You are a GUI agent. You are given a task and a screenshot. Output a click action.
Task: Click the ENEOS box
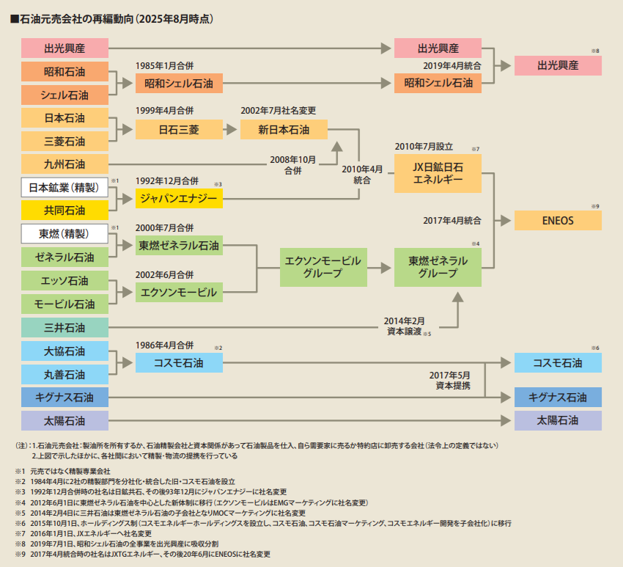click(558, 220)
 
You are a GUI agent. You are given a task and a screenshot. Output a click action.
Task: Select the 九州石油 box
click(64, 164)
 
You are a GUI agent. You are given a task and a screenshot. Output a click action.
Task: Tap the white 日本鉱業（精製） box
click(64, 187)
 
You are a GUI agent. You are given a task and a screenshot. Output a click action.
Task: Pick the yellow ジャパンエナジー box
click(179, 198)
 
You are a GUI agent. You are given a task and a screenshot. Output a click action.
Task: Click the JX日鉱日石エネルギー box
click(438, 173)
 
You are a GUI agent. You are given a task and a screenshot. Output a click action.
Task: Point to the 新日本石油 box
click(284, 130)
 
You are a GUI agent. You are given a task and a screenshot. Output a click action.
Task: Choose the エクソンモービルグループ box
click(323, 267)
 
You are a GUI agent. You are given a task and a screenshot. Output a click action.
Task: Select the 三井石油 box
click(64, 328)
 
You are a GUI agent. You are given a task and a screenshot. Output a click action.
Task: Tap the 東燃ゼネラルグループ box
click(438, 267)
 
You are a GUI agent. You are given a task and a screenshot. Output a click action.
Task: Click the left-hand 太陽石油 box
click(64, 421)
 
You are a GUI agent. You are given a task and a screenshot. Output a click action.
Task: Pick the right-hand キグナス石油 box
click(558, 398)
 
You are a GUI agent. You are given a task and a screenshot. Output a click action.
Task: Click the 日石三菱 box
click(179, 130)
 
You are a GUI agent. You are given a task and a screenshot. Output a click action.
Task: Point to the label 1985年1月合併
click(164, 65)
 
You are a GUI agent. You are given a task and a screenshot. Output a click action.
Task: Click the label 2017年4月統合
click(452, 220)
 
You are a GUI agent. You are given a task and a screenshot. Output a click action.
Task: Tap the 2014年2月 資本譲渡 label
click(405, 326)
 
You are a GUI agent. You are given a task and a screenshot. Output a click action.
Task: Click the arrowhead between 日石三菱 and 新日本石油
click(232, 130)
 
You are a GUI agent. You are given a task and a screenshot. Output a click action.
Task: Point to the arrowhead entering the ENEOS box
click(506, 220)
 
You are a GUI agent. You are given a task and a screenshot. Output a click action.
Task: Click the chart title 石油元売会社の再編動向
click(76, 18)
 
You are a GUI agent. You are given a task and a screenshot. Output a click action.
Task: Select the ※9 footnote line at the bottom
click(143, 555)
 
